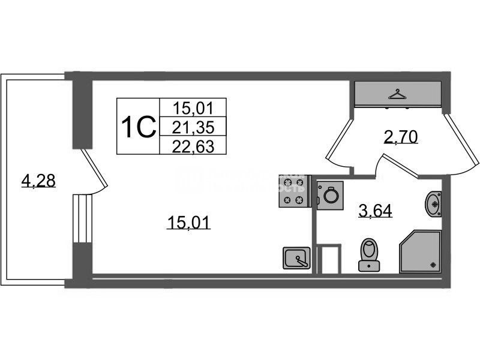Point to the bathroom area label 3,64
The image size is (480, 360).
(x=375, y=211)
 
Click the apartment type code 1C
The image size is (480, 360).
(x=138, y=127)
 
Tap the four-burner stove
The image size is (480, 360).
(x=293, y=191)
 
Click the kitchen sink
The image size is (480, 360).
(x=296, y=259)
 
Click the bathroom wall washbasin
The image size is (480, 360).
(x=433, y=203)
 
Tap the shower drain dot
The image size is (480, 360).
(x=433, y=264)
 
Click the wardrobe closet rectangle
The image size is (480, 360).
(x=398, y=95)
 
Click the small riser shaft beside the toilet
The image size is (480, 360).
(x=328, y=259)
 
